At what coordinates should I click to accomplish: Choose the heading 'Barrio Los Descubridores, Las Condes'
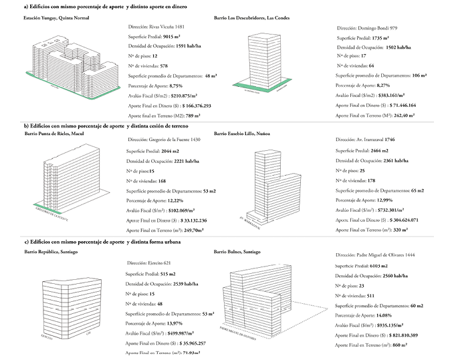click(x=252, y=18)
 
